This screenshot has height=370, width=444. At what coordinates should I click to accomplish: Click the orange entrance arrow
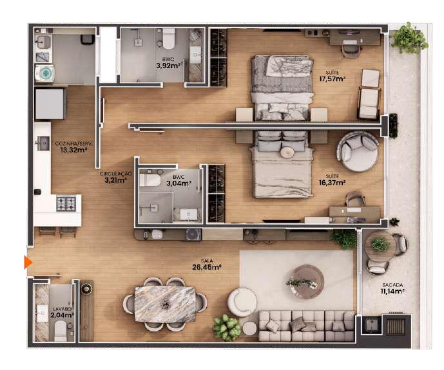28,263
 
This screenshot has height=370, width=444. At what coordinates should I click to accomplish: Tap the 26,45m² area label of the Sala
207,267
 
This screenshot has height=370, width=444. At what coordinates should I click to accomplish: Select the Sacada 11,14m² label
392,288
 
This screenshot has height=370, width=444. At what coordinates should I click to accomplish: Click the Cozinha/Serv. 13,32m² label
73,147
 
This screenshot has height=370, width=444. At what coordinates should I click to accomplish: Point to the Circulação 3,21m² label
115,177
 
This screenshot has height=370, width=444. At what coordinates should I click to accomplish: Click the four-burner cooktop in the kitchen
66,203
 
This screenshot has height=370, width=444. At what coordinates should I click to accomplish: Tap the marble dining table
165,304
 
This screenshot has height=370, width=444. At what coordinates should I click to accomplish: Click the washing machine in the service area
44,73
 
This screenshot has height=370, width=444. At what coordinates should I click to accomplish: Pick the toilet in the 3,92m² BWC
168,39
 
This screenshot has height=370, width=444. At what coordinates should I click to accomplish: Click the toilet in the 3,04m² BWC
150,180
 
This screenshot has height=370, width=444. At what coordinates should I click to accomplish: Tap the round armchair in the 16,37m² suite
358,152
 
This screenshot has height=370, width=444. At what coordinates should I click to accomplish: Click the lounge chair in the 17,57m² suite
369,94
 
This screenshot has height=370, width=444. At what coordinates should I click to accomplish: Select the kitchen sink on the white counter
43,143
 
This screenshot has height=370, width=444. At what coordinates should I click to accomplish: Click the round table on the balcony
380,246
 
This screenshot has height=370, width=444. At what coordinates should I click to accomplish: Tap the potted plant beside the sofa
226,328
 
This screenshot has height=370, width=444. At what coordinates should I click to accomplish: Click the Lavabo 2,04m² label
63,312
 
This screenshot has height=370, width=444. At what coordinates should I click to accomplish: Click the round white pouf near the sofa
242,302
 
